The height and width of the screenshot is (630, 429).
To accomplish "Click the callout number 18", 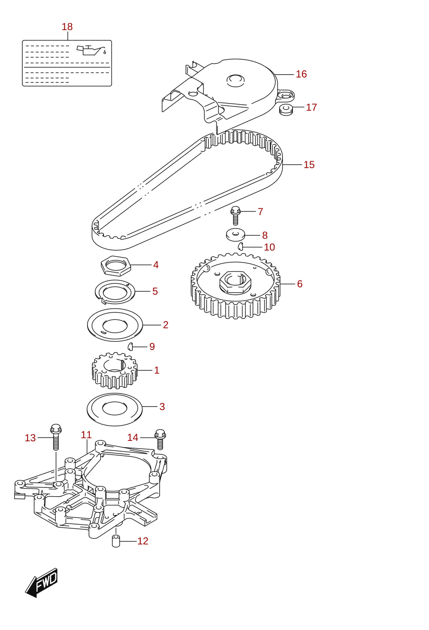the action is (x=67, y=27).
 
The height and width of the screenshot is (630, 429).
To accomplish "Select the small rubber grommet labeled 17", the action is (x=286, y=109).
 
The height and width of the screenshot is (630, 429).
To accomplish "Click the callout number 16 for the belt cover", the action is (x=301, y=74).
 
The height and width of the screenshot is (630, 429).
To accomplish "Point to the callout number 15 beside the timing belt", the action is (x=309, y=165).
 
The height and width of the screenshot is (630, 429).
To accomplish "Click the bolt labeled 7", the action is (x=236, y=215).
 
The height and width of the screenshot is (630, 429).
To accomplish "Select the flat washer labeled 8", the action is (x=236, y=235).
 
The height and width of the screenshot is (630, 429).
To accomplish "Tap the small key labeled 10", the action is (x=240, y=246).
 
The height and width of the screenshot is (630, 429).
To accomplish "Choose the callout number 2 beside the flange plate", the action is (x=166, y=325).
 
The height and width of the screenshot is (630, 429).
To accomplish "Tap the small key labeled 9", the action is (x=130, y=347).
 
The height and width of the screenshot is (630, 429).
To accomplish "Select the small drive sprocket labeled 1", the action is (x=115, y=370).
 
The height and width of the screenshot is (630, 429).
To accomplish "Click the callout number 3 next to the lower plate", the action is (x=162, y=407).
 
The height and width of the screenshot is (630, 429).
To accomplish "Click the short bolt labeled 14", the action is (x=160, y=439).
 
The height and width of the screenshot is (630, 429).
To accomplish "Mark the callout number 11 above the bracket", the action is (x=86, y=435).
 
